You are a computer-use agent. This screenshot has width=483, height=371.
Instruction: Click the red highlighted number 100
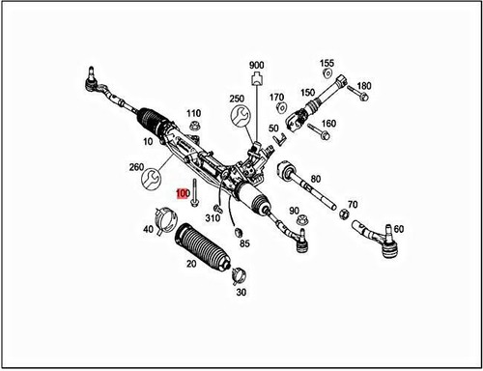(x=182, y=193)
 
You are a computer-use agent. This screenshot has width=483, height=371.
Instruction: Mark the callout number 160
(x=328, y=124)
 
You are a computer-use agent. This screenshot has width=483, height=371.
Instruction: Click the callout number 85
(x=244, y=243)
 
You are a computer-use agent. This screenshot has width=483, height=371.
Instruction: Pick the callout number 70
(x=352, y=204)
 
